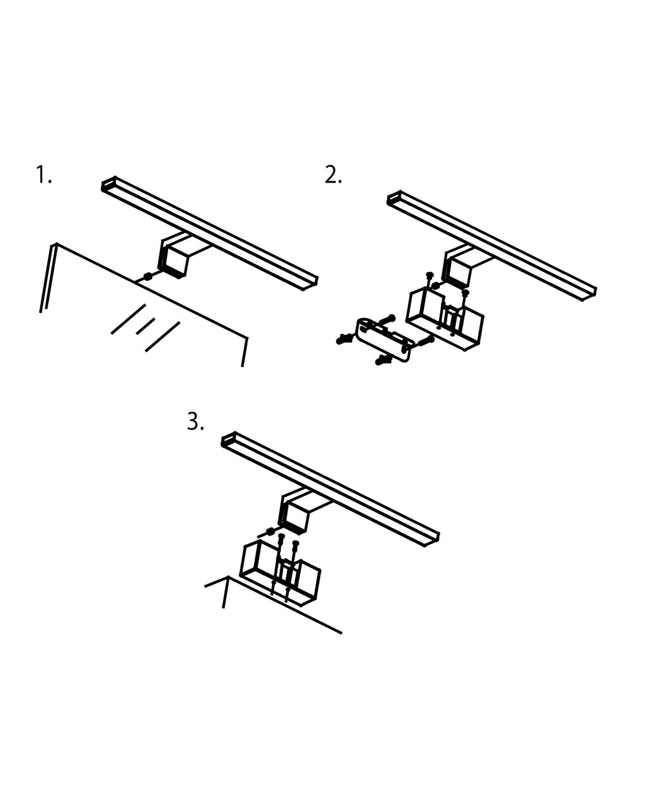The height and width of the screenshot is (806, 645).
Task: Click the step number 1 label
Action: [43, 175]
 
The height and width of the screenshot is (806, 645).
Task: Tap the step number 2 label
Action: [333, 175]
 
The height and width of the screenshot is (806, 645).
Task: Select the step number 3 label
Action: [195, 422]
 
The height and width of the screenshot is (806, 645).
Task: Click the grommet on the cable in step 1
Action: [147, 276]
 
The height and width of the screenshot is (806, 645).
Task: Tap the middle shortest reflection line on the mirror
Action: [146, 326]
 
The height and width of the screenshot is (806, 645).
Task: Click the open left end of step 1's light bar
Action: [108, 184]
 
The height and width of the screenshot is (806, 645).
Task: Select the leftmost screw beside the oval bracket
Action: [345, 339]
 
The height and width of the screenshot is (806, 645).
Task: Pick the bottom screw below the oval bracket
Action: [383, 360]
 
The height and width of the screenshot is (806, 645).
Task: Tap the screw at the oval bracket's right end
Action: [426, 341]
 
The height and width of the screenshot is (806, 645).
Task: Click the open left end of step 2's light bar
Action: [394, 198]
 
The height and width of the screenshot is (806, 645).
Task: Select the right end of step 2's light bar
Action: [589, 293]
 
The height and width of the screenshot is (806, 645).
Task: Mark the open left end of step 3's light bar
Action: [229, 440]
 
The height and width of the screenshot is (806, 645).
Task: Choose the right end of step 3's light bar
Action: [431, 539]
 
